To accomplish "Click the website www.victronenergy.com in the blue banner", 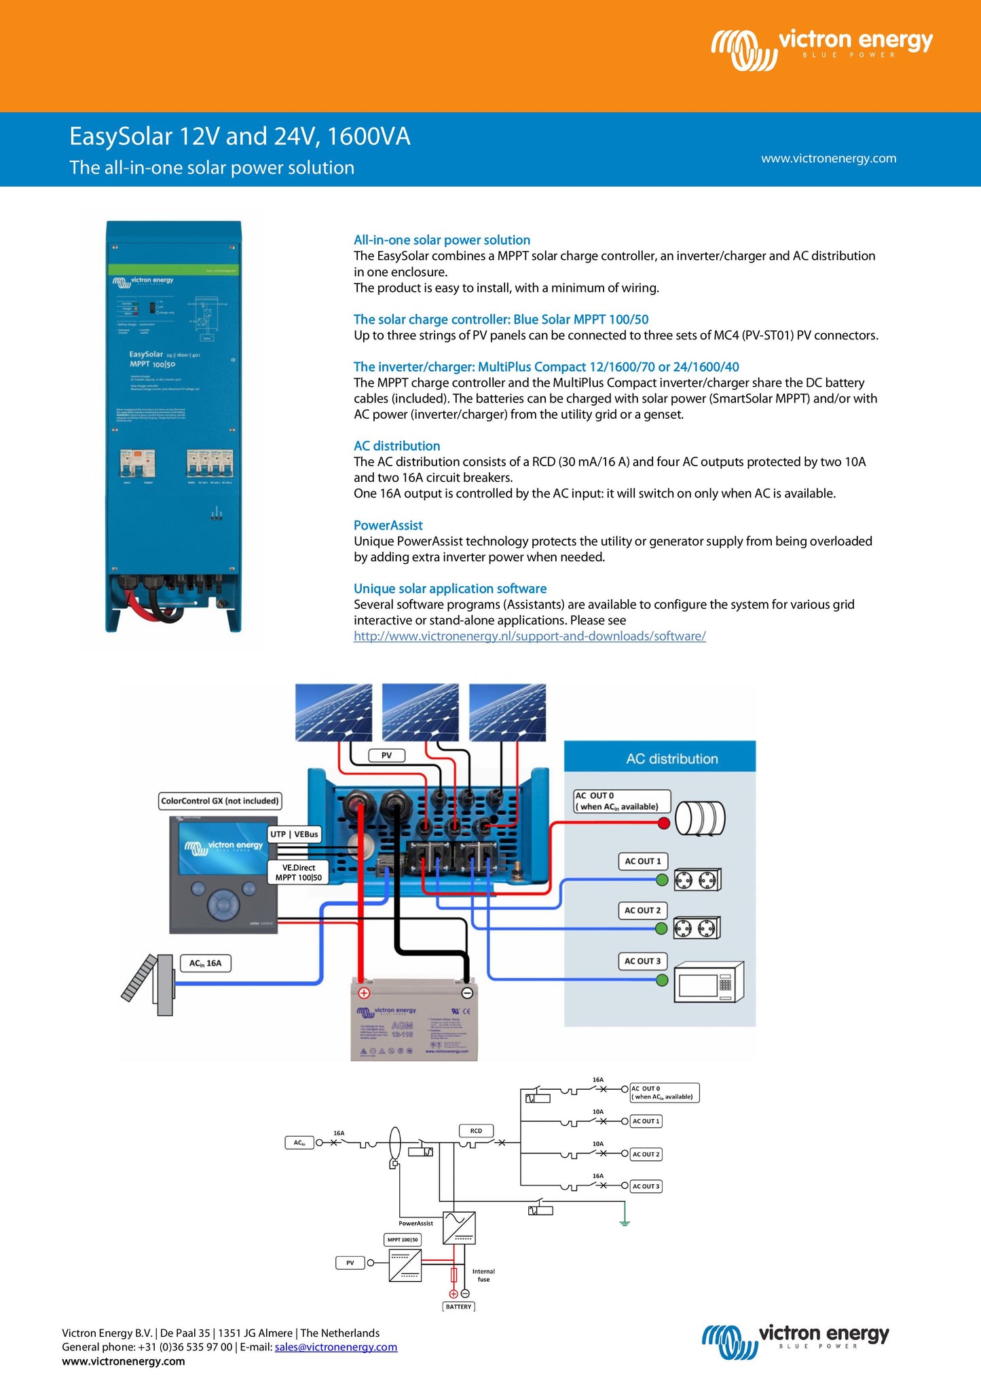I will click(828, 158).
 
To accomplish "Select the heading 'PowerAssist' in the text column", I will click(388, 525).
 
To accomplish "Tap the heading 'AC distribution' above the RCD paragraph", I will click(396, 446).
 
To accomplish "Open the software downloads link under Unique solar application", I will click(530, 636).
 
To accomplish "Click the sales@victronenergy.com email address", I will click(335, 1347).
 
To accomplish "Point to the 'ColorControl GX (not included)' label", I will click(219, 801).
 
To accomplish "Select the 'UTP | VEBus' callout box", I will click(294, 834).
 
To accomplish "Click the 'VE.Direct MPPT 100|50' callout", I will click(299, 873).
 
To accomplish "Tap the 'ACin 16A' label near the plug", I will click(205, 963).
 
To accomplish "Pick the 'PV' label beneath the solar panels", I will click(386, 755).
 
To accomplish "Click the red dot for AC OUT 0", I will click(664, 823).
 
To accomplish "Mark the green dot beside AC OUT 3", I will click(663, 980).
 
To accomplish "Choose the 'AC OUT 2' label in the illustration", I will click(642, 911).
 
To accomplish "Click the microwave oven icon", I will click(709, 982).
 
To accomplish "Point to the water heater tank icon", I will click(700, 818).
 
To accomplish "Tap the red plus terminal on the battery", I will click(364, 993).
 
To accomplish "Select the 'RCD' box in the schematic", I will click(476, 1130).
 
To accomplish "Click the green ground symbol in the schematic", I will click(625, 1222).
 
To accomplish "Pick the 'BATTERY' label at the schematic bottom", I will click(458, 1306).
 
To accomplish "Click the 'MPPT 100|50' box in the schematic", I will click(403, 1240).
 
